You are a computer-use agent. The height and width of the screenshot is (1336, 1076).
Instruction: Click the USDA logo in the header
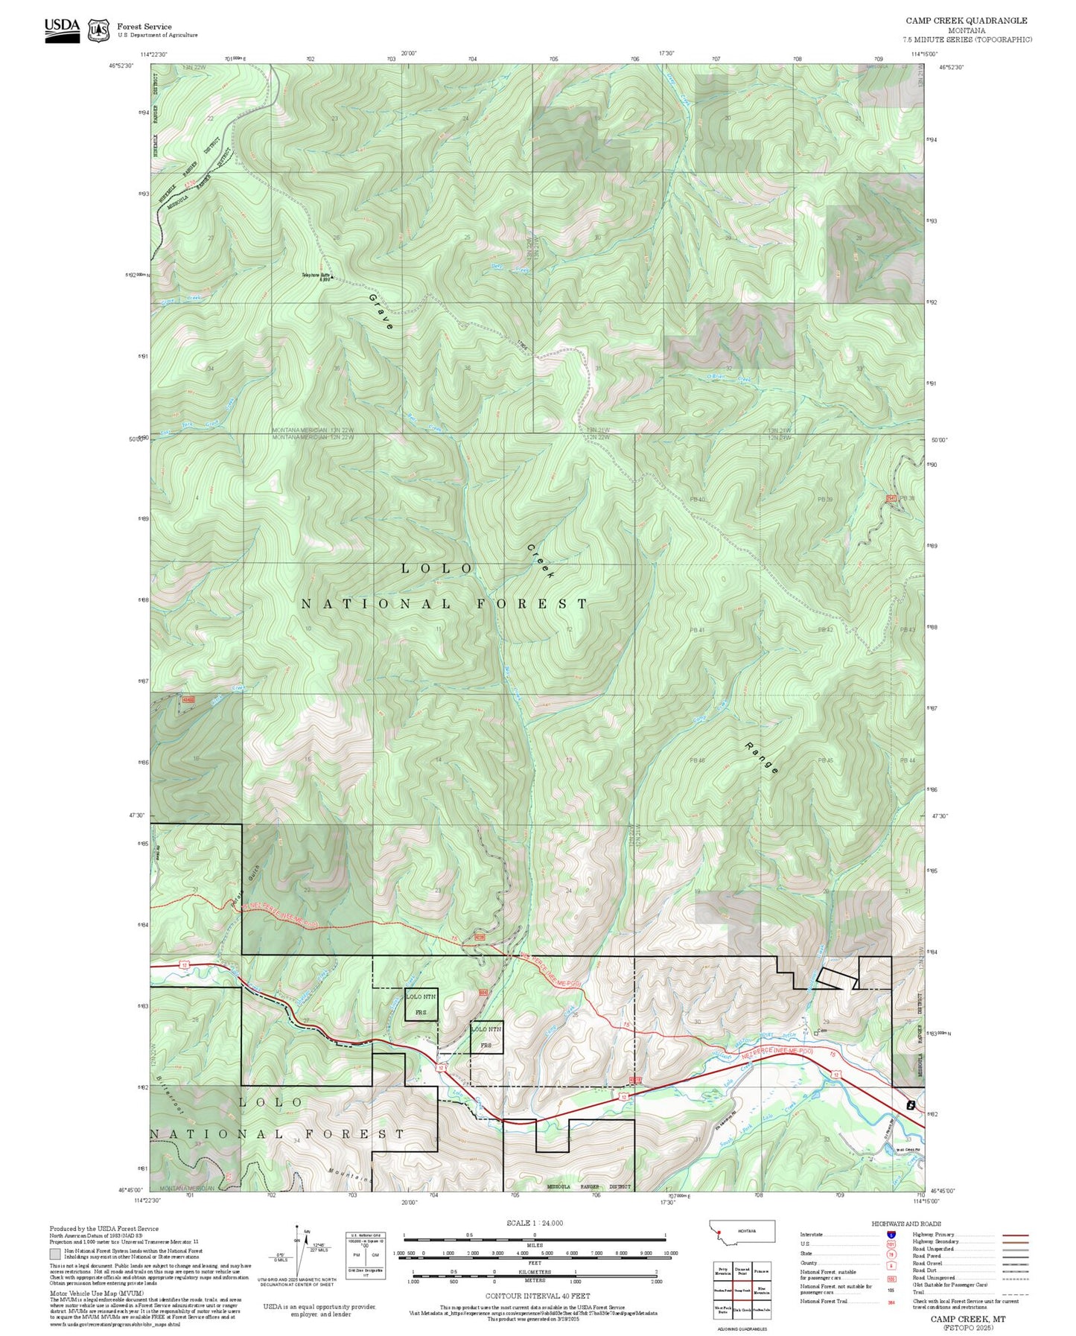pyautogui.click(x=62, y=29)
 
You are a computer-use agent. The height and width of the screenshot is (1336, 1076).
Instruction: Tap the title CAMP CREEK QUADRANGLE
pyautogui.click(x=966, y=21)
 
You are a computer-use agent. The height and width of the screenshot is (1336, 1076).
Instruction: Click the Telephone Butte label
pyautogui.click(x=316, y=276)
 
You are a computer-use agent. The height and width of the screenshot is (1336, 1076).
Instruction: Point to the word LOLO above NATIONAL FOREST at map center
pyautogui.click(x=437, y=569)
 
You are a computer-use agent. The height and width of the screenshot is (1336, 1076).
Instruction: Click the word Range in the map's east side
pyautogui.click(x=762, y=758)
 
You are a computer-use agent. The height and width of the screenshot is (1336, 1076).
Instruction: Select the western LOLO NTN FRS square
pyautogui.click(x=421, y=1005)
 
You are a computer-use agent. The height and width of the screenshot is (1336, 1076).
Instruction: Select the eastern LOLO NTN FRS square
pyautogui.click(x=486, y=1037)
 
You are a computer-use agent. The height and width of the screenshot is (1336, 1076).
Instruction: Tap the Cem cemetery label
pyautogui.click(x=821, y=1031)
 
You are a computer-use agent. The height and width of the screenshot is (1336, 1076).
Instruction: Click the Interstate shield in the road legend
pyautogui.click(x=891, y=1234)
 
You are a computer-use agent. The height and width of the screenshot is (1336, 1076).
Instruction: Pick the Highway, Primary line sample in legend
pyautogui.click(x=1015, y=1235)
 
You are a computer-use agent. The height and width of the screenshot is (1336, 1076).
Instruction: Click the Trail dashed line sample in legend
pyautogui.click(x=1015, y=1294)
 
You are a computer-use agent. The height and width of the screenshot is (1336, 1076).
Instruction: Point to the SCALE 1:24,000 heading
pyautogui.click(x=535, y=1223)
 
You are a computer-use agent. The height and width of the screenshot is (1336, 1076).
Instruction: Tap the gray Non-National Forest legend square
pyautogui.click(x=55, y=1254)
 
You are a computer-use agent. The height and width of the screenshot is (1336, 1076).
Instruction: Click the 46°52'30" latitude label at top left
pyautogui.click(x=121, y=66)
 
